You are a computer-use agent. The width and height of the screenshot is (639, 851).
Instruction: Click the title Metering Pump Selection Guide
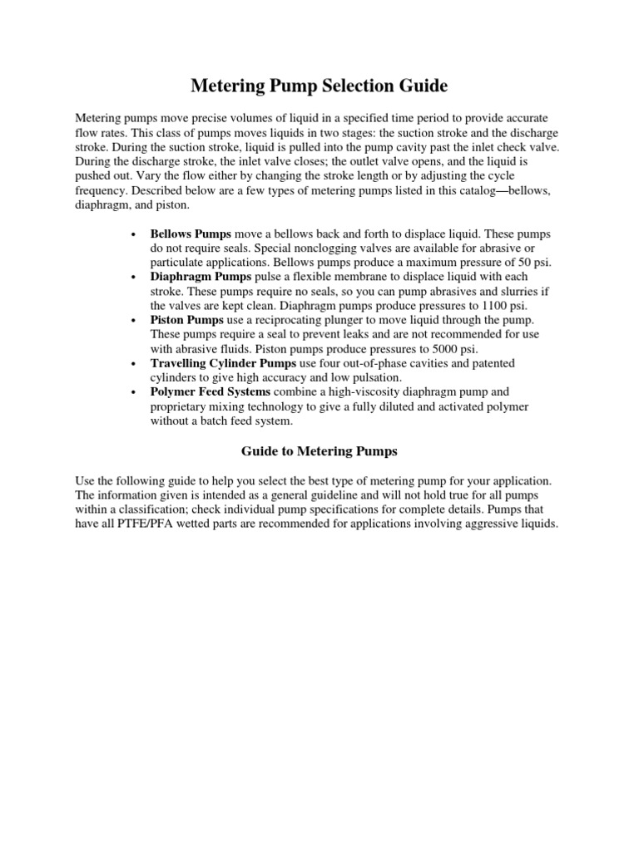319,86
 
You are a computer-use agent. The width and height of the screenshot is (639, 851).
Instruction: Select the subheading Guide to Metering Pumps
319,451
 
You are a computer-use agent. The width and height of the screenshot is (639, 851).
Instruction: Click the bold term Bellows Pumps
191,234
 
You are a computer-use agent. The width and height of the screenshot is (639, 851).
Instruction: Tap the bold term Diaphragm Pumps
198,275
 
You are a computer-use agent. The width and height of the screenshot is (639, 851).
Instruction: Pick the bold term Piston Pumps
186,320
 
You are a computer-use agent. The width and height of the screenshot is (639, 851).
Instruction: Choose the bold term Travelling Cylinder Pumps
223,363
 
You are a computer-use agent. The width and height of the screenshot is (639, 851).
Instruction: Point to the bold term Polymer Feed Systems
210,391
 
